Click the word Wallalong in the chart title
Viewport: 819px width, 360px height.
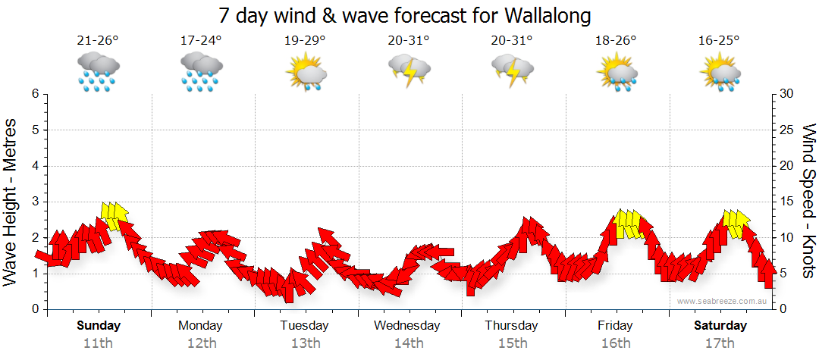click(x=538, y=15)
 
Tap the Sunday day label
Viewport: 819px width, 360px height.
click(x=98, y=326)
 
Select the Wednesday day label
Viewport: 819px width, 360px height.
click(x=407, y=326)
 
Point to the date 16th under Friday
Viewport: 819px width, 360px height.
click(x=615, y=343)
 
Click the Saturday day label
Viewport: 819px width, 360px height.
click(x=720, y=326)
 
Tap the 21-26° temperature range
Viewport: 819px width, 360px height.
click(x=98, y=41)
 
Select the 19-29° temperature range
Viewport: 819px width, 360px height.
click(x=306, y=41)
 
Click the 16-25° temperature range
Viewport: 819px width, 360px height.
click(x=720, y=41)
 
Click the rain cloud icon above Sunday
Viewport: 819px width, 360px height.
click(x=98, y=72)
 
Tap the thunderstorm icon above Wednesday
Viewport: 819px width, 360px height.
click(x=409, y=72)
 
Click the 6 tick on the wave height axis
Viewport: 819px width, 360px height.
click(x=35, y=94)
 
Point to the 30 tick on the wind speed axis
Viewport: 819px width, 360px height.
click(x=787, y=94)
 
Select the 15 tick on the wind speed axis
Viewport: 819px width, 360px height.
click(x=787, y=202)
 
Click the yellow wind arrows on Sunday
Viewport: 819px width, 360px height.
click(x=114, y=214)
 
